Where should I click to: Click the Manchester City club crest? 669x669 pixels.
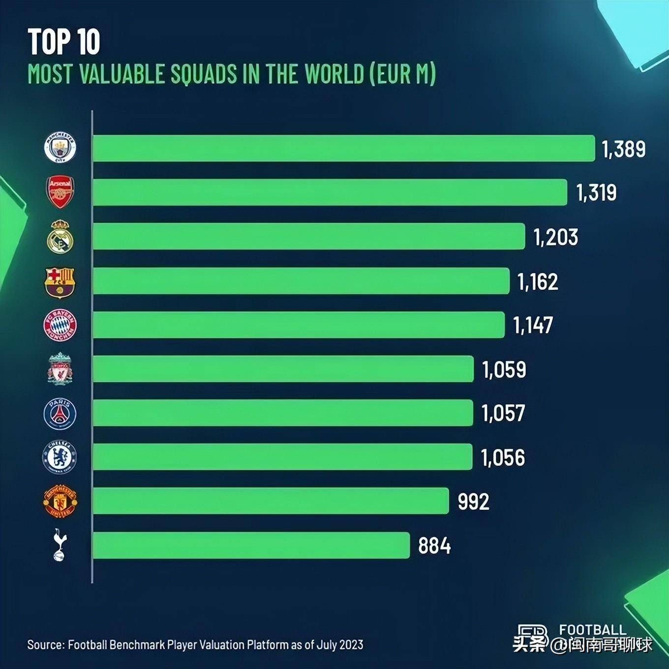click(x=60, y=148)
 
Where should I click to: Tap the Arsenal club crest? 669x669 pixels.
click(x=60, y=192)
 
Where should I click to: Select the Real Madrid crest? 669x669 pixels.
click(x=60, y=237)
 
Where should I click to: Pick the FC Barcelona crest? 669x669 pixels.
click(x=60, y=282)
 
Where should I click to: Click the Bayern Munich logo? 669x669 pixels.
click(x=60, y=325)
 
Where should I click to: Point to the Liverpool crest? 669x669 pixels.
click(x=60, y=369)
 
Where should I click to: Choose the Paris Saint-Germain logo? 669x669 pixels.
click(x=60, y=413)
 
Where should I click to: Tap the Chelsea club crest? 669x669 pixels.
click(x=60, y=457)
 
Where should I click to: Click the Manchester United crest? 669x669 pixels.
click(x=60, y=501)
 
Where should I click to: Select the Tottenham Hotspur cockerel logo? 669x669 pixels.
click(x=60, y=545)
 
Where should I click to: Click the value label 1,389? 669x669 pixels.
click(x=624, y=149)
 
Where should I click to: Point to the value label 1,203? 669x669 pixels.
click(x=556, y=237)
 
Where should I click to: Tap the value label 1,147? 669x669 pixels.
click(x=533, y=325)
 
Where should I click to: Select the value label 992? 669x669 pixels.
click(x=473, y=502)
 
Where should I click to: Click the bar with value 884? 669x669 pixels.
click(x=251, y=545)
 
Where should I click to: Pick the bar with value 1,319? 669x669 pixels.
click(x=330, y=192)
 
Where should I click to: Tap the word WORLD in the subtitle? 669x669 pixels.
click(x=334, y=74)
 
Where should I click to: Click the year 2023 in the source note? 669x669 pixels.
click(x=351, y=644)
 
